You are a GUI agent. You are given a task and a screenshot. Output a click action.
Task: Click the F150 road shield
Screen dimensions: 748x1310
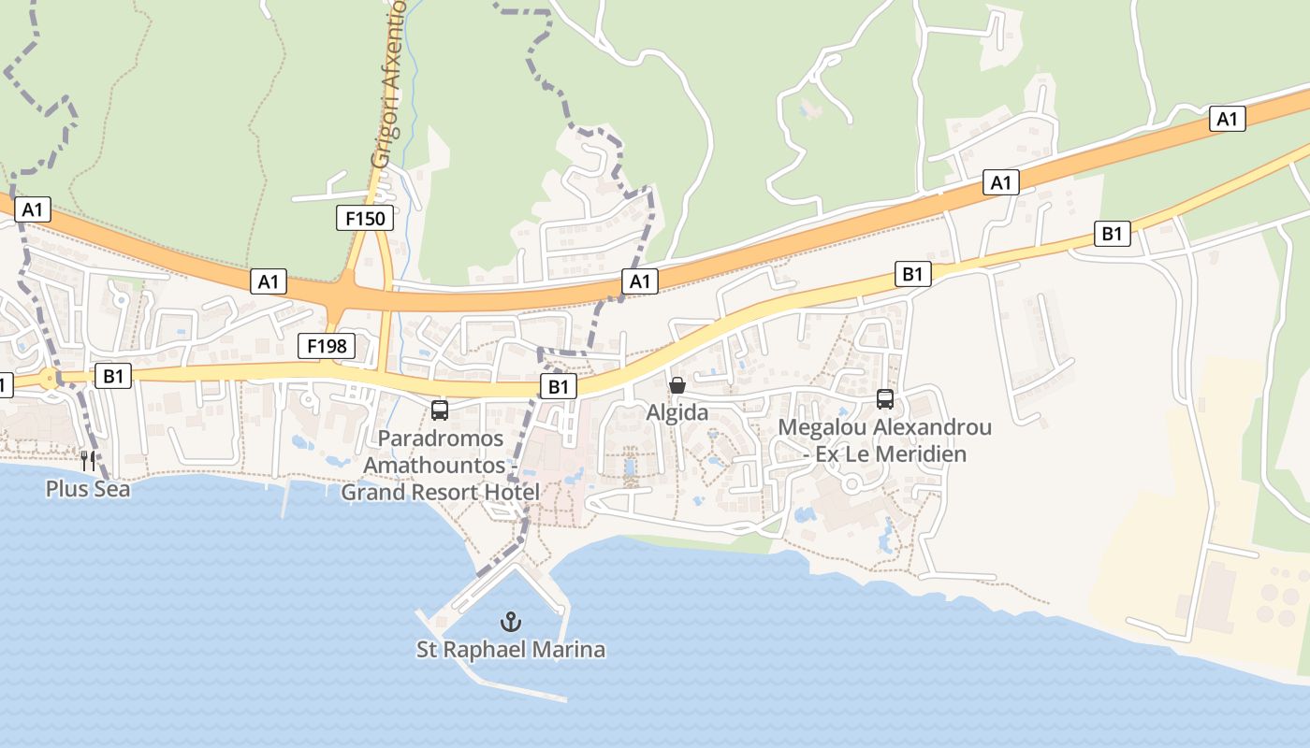pos(365,219)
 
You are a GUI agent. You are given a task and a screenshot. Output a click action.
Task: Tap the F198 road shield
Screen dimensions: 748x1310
pos(327,346)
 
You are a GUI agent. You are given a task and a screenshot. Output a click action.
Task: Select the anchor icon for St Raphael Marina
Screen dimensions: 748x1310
pos(510,621)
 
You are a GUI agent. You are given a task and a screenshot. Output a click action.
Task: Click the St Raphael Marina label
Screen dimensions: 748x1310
pos(510,649)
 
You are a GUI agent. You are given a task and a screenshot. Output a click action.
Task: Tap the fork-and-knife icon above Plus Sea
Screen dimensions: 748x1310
pos(88,460)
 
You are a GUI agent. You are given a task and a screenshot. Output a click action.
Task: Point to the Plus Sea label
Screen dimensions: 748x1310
pos(88,488)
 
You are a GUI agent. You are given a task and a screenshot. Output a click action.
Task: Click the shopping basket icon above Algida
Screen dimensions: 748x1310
pos(677,385)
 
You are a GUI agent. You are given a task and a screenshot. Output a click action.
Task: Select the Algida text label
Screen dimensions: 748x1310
pos(677,412)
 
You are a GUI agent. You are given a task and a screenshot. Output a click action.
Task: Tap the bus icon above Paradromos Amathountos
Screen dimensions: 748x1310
pos(439,410)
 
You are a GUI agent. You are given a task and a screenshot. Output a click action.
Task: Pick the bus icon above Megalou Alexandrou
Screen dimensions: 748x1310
pos(884,399)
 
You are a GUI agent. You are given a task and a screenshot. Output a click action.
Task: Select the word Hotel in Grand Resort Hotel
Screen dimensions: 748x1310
pos(511,492)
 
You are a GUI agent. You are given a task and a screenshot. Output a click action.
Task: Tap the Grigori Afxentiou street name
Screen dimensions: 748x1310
pos(388,84)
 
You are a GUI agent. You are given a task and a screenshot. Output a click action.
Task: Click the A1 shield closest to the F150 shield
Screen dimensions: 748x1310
pos(269,280)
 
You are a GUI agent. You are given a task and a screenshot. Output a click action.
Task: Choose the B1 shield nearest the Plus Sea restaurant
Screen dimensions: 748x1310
pos(113,376)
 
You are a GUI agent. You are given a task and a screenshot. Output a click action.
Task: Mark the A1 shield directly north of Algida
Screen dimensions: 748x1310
pos(639,280)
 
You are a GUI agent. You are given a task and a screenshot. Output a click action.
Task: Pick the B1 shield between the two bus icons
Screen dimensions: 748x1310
pos(558,386)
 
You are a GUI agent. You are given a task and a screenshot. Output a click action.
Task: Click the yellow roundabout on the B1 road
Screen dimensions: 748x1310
pos(49,379)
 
